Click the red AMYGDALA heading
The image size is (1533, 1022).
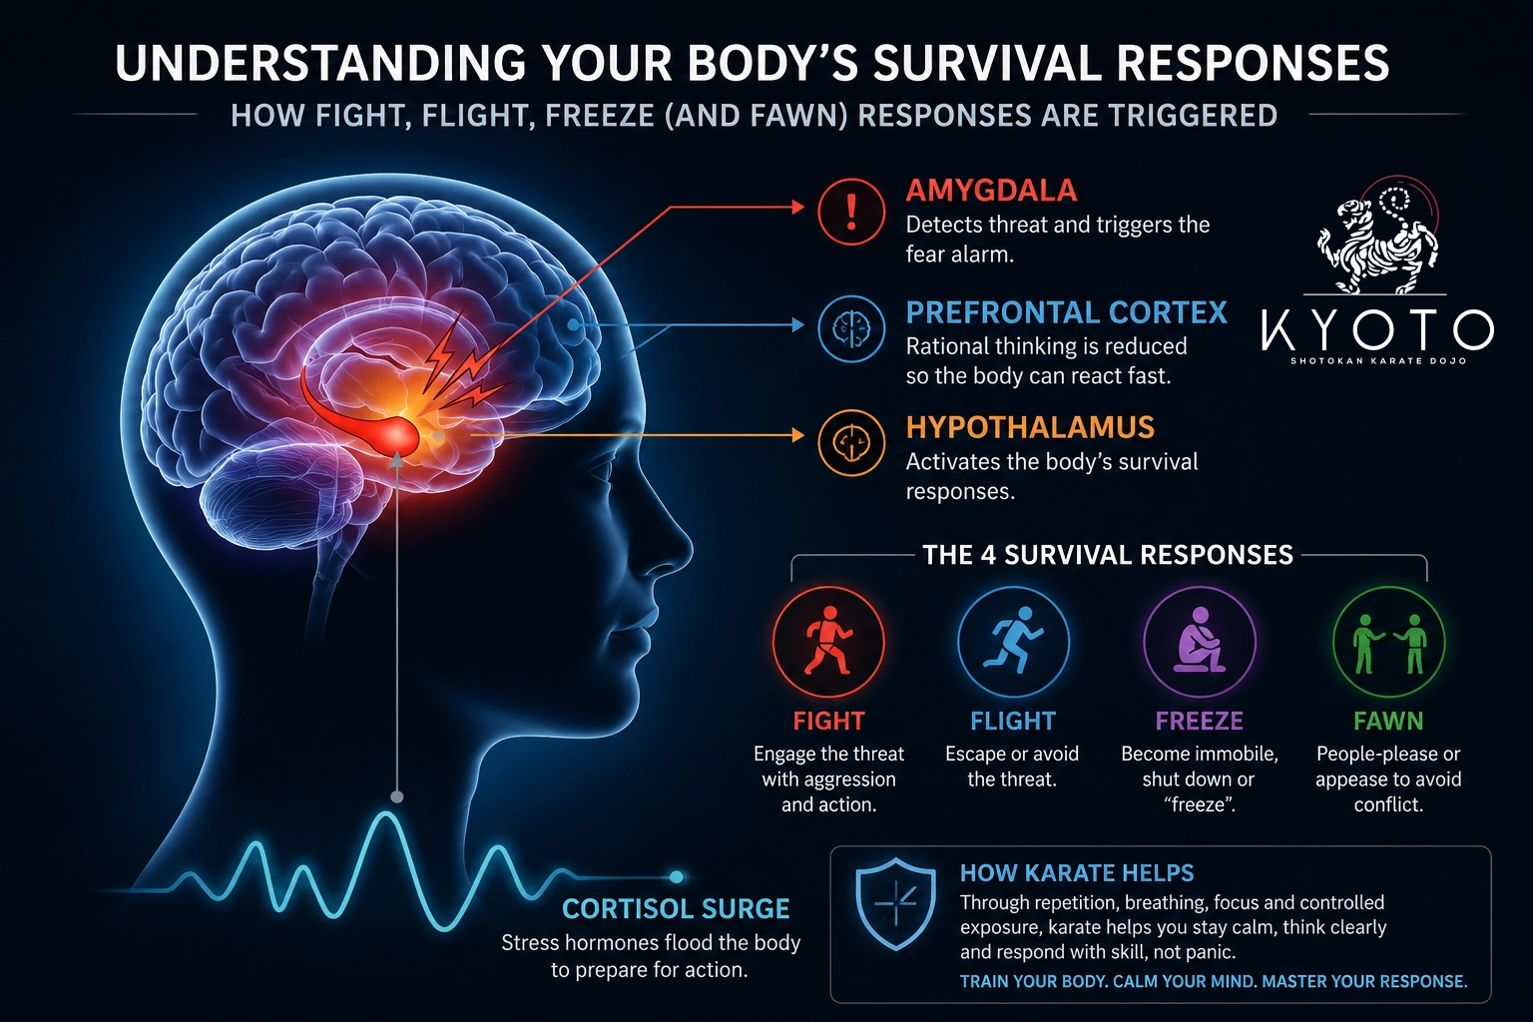pos(991,191)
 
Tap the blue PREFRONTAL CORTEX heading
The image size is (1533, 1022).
pos(1066,312)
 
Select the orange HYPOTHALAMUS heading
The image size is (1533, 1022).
pos(1030,427)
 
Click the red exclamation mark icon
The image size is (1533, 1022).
pos(851,212)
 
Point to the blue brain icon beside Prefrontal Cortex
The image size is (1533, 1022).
pos(851,328)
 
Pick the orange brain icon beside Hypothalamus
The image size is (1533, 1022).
pos(851,443)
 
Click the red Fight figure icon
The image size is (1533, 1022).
pos(828,642)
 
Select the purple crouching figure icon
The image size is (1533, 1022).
pos(1200,642)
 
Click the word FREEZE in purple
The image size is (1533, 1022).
pos(1199,721)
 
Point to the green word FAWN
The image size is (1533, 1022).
pos(1388,721)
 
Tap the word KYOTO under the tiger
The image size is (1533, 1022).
pos(1377,329)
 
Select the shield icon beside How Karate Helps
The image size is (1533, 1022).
pos(896,903)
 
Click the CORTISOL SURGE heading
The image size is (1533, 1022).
pos(676,909)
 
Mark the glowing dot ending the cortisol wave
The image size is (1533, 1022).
pos(676,877)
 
